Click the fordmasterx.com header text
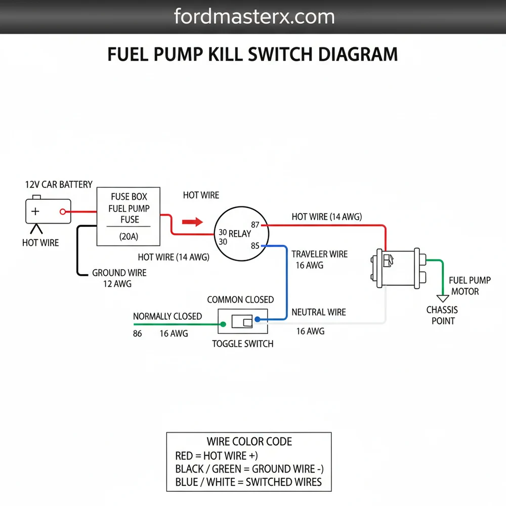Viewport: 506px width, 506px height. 254,17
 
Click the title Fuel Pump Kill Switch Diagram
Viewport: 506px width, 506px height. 252,54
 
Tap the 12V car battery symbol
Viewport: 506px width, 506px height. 48,211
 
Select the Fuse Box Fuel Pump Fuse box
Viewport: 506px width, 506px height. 129,217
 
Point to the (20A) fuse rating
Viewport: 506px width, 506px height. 129,236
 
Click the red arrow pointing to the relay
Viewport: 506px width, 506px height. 192,222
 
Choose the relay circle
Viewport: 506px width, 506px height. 241,233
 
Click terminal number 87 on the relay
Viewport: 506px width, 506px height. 256,225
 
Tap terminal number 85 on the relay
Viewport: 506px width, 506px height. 255,246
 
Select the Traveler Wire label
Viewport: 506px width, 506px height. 319,254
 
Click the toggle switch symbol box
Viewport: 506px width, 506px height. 243,321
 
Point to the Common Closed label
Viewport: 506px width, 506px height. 240,300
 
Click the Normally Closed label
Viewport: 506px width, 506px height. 167,316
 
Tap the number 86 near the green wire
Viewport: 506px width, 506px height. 137,333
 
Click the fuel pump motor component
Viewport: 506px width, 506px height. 395,267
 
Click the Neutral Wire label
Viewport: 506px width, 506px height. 319,312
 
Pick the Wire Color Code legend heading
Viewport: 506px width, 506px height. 249,441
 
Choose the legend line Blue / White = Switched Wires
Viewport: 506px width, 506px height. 248,482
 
